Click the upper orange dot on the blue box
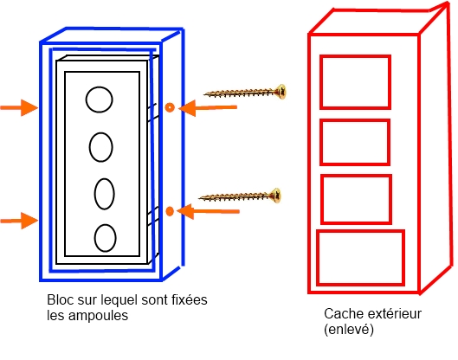(170, 107)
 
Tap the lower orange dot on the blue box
(170, 211)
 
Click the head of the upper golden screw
(281, 92)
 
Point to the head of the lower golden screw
(275, 196)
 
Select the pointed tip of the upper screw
(204, 94)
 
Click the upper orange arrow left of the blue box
(19, 107)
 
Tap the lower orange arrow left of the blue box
(19, 221)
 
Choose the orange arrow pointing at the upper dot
(208, 108)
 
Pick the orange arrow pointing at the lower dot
(208, 211)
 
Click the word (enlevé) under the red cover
(349, 330)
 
